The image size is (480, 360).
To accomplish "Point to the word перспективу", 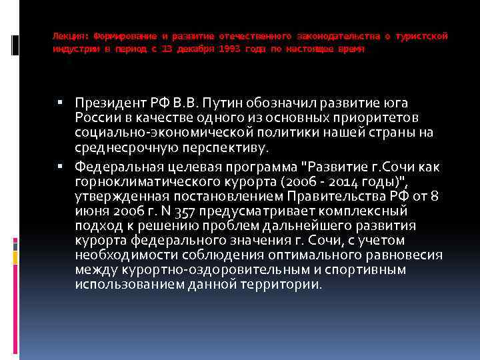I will coord(219,147).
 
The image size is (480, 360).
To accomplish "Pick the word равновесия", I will coord(403,255).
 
